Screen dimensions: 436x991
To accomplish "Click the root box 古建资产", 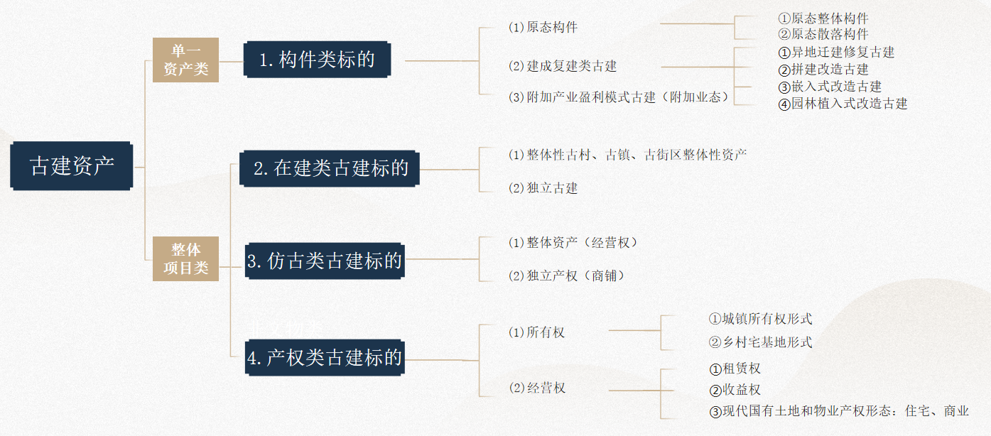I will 72,166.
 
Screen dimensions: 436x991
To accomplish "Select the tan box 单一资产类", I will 185,60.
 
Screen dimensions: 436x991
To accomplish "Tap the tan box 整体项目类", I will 185,258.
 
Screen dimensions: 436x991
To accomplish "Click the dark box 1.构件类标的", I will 317,60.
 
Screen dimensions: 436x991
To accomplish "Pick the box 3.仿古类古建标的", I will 325,261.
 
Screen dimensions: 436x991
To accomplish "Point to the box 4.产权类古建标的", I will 325,358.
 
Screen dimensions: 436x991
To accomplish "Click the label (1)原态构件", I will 543,28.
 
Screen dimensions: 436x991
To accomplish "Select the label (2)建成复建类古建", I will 563,66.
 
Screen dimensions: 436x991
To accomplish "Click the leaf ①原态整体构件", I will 823,18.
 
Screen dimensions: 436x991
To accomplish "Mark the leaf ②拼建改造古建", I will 823,70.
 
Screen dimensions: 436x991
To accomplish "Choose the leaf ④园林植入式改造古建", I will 843,104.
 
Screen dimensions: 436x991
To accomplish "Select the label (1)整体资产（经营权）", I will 573,243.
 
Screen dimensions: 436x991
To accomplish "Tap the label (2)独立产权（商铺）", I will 567,276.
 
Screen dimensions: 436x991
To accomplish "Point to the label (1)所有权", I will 537,332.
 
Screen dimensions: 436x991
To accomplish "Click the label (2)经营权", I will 537,388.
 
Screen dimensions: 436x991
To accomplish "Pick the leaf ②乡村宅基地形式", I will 760,342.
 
